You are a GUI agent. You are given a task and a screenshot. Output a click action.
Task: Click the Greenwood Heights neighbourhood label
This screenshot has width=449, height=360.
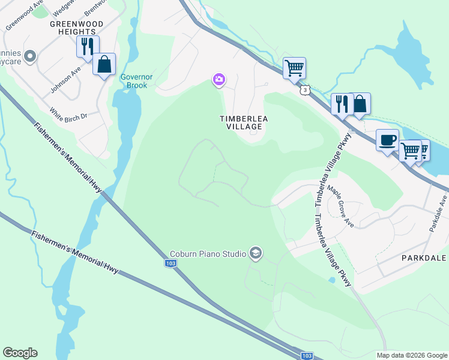[x=76, y=28]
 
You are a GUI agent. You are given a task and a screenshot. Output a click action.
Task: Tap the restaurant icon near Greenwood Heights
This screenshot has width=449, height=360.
[x=88, y=46]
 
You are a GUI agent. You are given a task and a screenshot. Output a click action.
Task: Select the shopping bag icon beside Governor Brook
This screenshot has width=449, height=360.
[x=104, y=64]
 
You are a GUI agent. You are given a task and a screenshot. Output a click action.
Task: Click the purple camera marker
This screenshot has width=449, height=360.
[x=219, y=79]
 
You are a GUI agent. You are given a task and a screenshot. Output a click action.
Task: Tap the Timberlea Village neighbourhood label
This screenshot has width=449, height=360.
[x=243, y=122]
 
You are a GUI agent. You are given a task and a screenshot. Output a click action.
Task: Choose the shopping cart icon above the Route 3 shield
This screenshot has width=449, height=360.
[x=294, y=68]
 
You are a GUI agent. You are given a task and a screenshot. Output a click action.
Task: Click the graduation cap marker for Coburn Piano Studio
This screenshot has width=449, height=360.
[x=256, y=254]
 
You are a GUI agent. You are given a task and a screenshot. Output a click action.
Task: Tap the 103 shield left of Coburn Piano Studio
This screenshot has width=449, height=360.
[x=170, y=263]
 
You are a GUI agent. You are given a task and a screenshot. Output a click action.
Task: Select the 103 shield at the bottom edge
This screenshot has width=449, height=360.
[x=306, y=355]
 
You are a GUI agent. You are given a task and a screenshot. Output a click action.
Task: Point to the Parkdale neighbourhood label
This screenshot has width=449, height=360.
[x=424, y=257]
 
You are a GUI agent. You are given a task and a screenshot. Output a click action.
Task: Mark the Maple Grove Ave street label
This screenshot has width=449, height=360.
[x=340, y=205]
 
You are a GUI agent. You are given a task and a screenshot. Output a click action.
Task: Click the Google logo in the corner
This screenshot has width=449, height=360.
[x=20, y=353]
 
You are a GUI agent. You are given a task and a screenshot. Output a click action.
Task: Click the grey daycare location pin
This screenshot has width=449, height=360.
[x=30, y=57]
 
